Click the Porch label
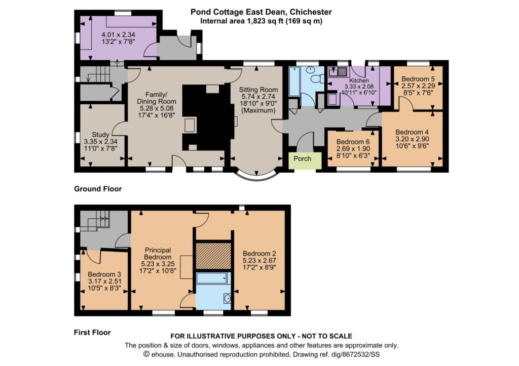pyautogui.click(x=302, y=158)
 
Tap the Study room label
pyautogui.click(x=101, y=135)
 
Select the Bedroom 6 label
pyautogui.click(x=353, y=142)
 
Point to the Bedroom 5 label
pyautogui.click(x=418, y=79)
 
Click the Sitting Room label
pyautogui.click(x=258, y=90)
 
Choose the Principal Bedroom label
pyautogui.click(x=158, y=254)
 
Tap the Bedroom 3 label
pyautogui.click(x=104, y=274)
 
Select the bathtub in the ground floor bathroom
pyautogui.click(x=294, y=82)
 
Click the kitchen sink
pyautogui.click(x=337, y=71)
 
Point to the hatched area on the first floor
pyautogui.click(x=213, y=256)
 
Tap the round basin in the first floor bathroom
pyautogui.click(x=228, y=299)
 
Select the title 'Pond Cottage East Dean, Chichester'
pyautogui.click(x=261, y=12)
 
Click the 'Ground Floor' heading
pyautogui.click(x=98, y=189)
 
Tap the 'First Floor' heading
pyautogui.click(x=92, y=332)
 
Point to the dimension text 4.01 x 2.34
pyautogui.click(x=118, y=34)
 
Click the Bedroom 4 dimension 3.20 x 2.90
pyautogui.click(x=413, y=139)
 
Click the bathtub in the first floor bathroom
pyautogui.click(x=211, y=278)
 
